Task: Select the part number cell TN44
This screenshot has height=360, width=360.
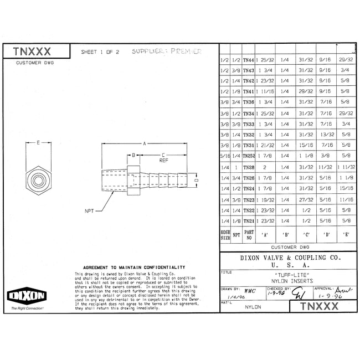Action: pyautogui.click(x=249, y=60)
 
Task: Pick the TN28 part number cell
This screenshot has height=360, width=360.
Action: pyautogui.click(x=249, y=167)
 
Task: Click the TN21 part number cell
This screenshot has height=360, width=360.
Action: pyautogui.click(x=249, y=220)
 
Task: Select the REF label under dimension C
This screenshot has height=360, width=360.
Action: pyautogui.click(x=164, y=161)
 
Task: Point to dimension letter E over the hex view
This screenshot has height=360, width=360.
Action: pyautogui.click(x=37, y=143)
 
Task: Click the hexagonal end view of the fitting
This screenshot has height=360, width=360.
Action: pyautogui.click(x=37, y=181)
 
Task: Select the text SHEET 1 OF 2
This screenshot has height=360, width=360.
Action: pyautogui.click(x=100, y=53)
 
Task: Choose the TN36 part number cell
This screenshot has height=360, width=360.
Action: pyautogui.click(x=249, y=102)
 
